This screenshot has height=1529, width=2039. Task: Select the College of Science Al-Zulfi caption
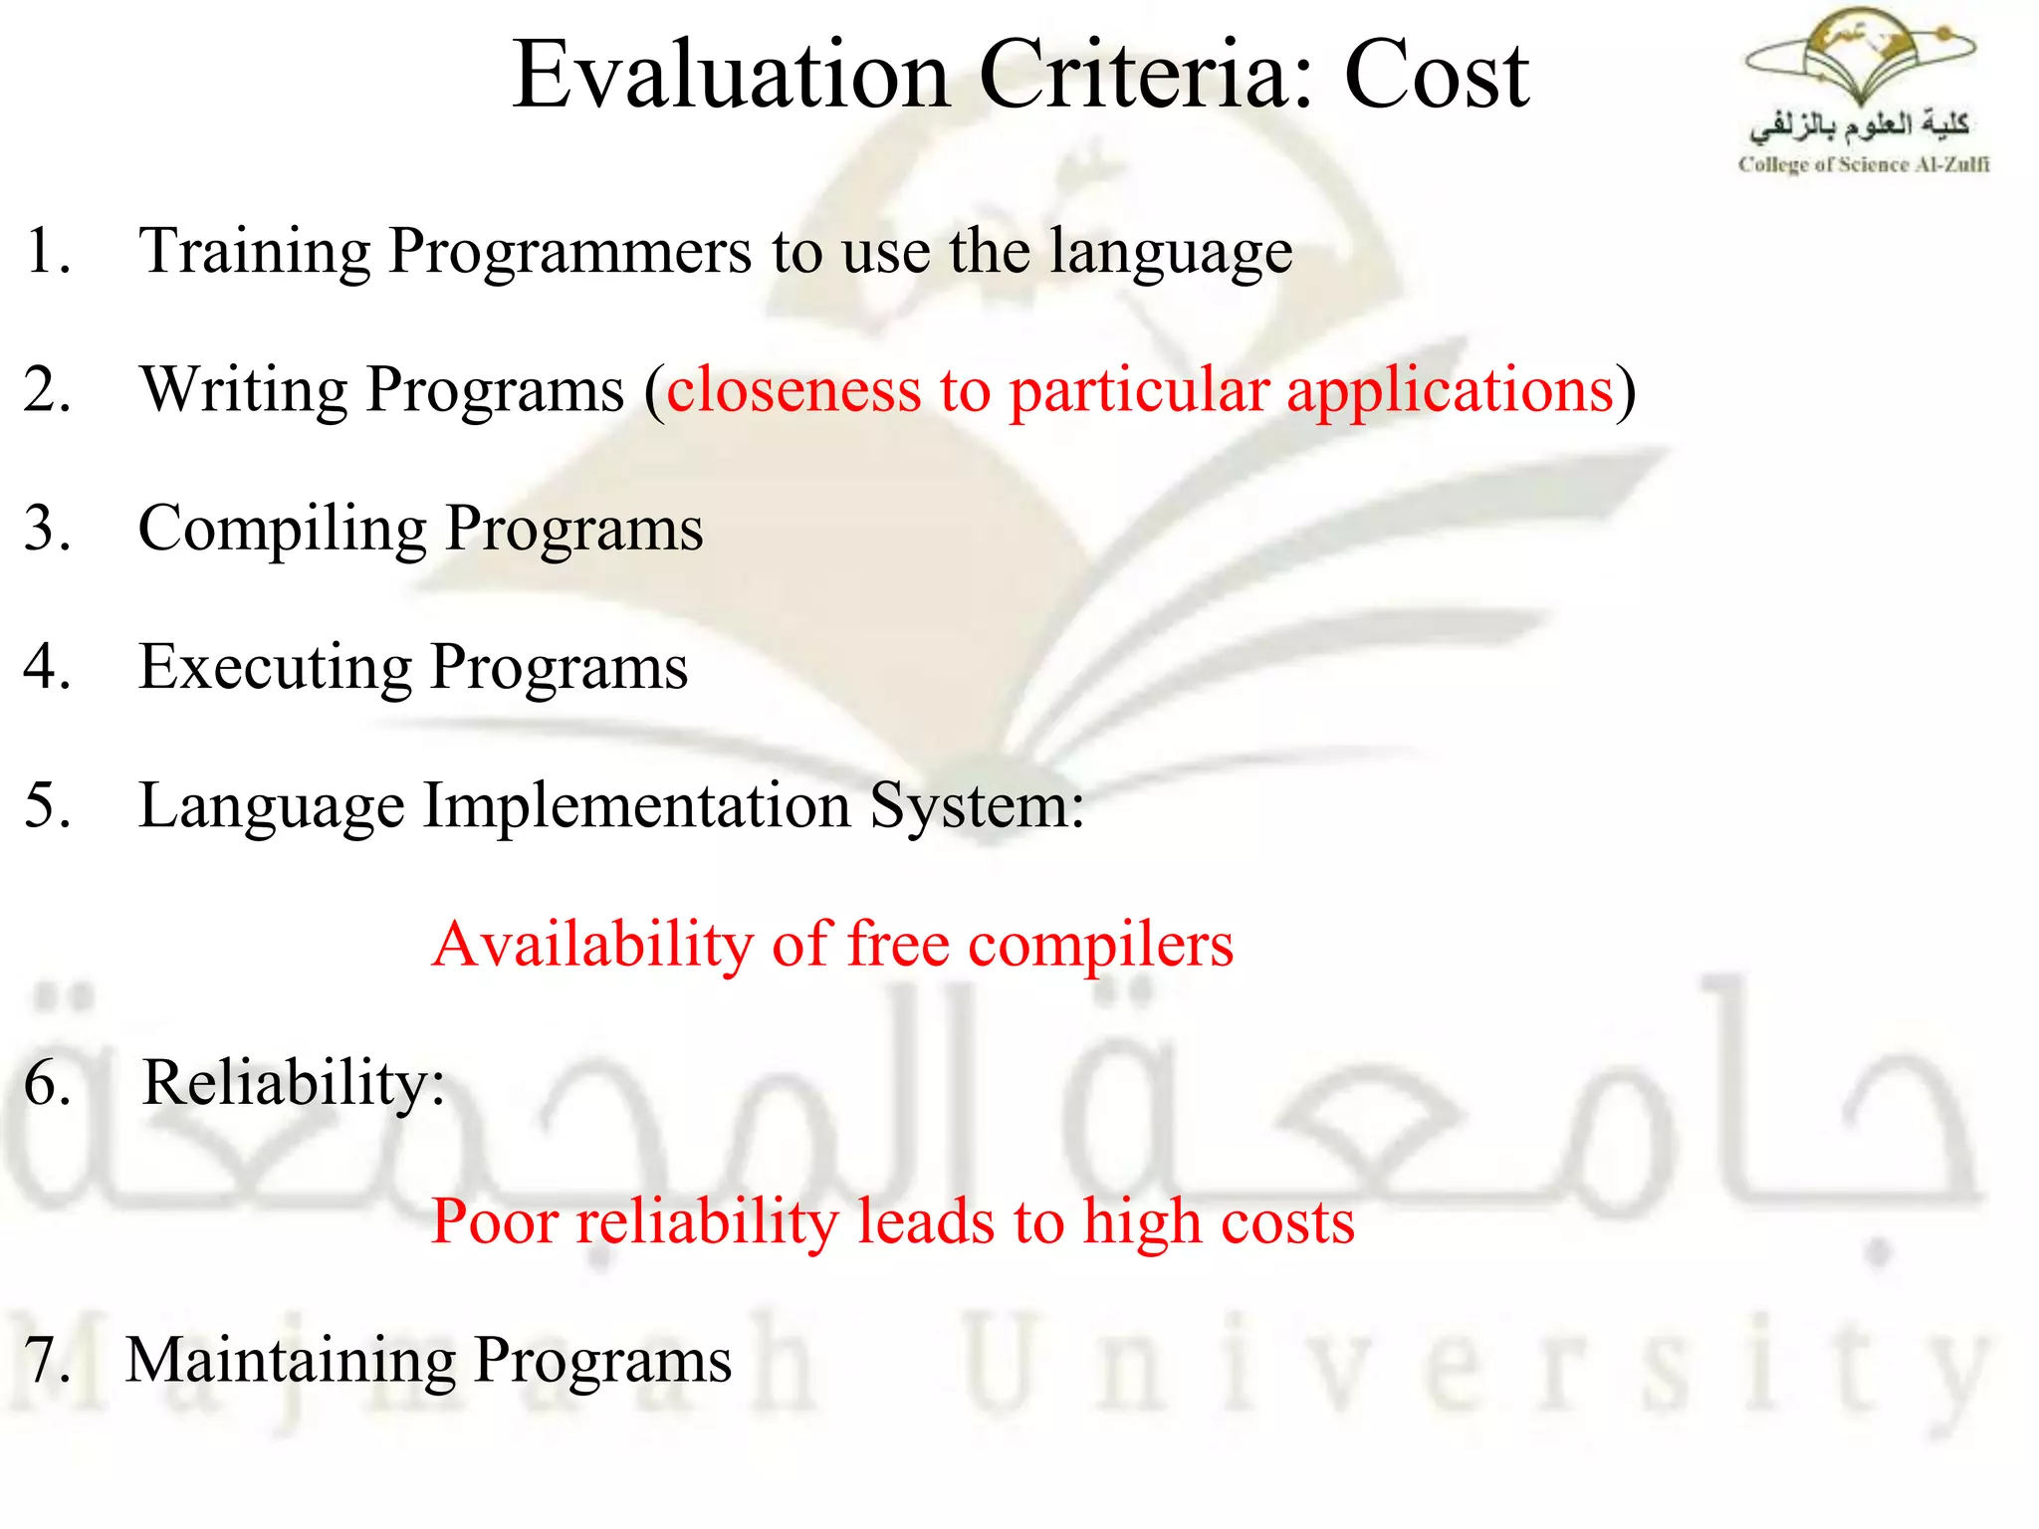[1863, 165]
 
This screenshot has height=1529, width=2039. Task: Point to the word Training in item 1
[254, 252]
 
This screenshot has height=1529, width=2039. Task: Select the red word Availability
[592, 946]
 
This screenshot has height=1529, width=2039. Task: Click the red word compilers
[1100, 946]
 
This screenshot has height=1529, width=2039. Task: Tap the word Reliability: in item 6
[294, 1083]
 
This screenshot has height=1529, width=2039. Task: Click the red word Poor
[494, 1221]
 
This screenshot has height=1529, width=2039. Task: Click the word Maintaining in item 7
[290, 1361]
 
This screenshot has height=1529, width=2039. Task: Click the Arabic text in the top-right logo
[1858, 126]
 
